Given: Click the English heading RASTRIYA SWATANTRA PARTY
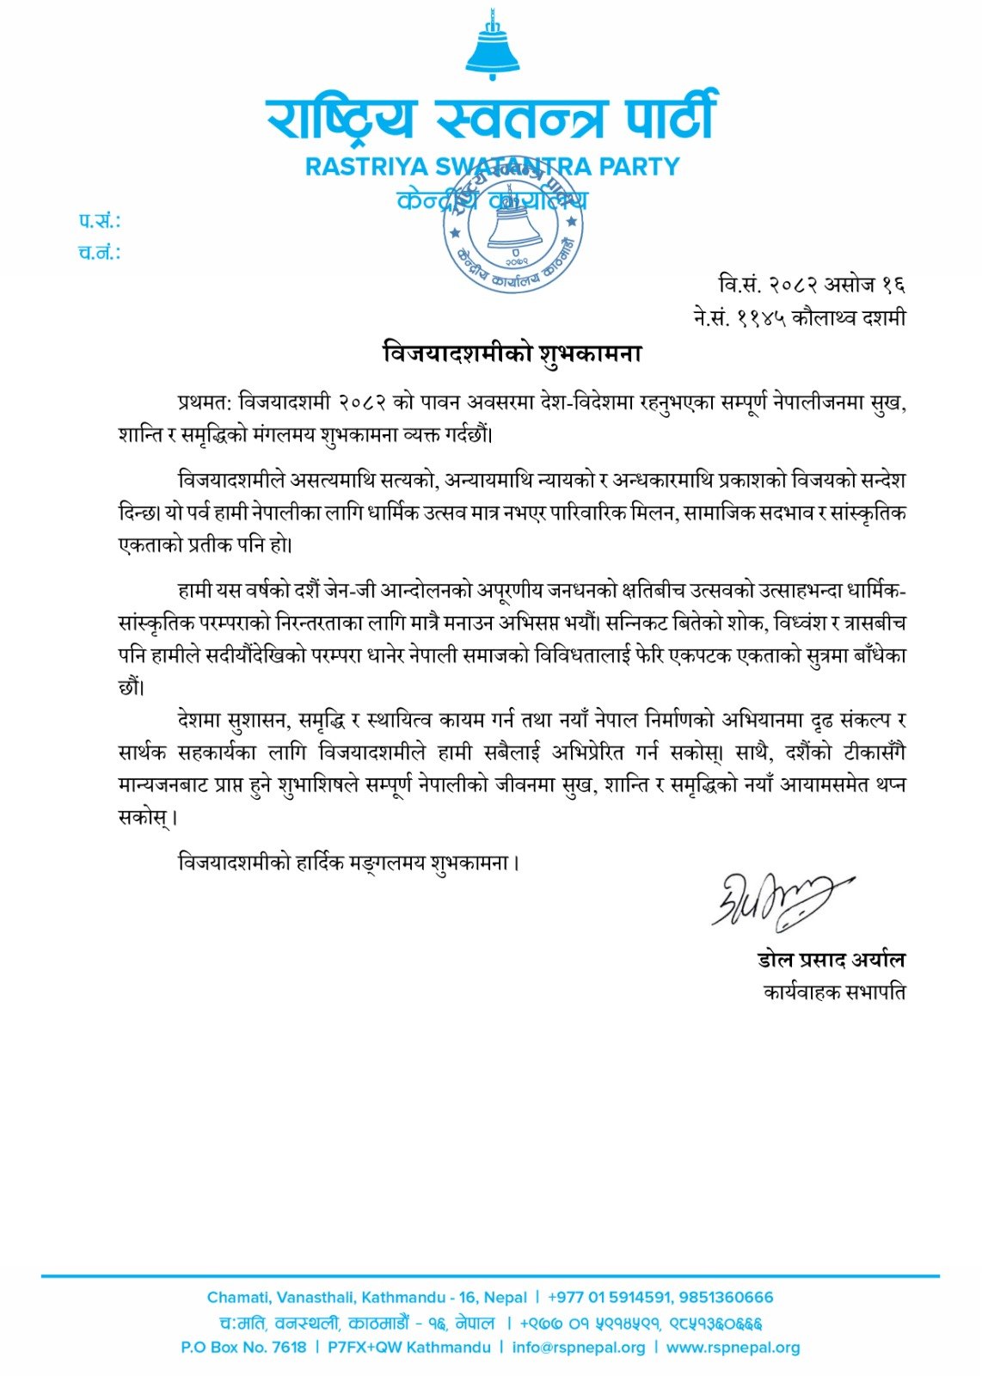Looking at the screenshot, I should [492, 166].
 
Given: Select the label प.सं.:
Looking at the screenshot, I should [99, 221].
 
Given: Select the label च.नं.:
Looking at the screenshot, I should [99, 253].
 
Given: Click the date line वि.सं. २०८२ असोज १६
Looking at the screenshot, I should [812, 284].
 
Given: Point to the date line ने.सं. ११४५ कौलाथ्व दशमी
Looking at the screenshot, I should [799, 317].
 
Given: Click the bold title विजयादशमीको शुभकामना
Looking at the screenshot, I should [512, 353].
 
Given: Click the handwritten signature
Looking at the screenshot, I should [778, 900].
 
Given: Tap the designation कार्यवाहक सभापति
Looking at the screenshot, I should [834, 992].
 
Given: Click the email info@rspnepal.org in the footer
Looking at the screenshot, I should [578, 1348].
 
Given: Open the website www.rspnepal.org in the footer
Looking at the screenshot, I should [733, 1348].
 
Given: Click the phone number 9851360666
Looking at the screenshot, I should [726, 1297].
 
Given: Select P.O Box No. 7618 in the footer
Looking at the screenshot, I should [243, 1348].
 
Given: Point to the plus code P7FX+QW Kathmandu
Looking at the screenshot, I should [409, 1348].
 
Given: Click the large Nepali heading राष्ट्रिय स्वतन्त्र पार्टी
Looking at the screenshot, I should [491, 119].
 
